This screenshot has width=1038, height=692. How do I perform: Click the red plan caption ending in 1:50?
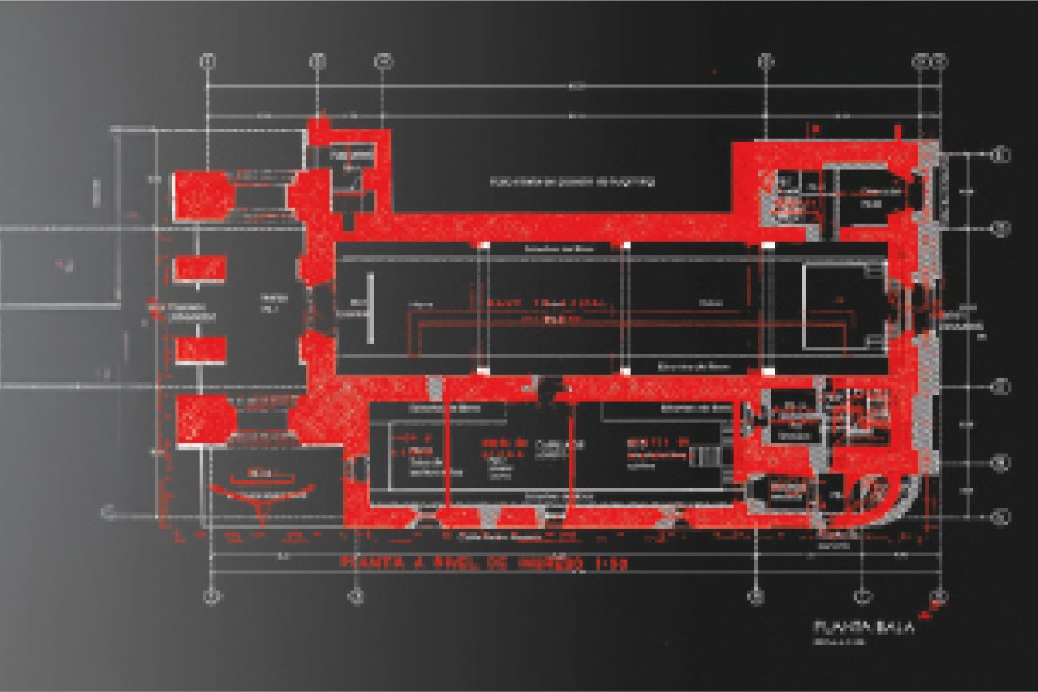[482, 563]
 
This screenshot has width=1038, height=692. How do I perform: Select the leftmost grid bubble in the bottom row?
[211, 596]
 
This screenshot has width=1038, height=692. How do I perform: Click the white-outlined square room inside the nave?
[834, 306]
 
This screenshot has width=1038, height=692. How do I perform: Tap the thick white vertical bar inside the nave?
[371, 308]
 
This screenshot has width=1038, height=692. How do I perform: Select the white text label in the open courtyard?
[572, 182]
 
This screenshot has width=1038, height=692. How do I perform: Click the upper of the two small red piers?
[199, 268]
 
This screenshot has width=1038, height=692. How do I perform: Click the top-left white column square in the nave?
[483, 243]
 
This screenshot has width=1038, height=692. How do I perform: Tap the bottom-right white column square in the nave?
[767, 371]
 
